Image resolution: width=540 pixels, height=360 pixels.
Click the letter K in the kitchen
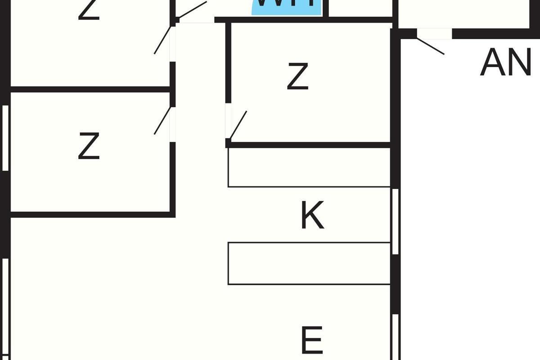click(312, 216)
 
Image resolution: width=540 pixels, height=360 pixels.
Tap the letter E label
click(311, 341)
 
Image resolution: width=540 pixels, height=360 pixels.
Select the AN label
click(505, 63)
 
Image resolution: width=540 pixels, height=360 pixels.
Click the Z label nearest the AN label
click(297, 76)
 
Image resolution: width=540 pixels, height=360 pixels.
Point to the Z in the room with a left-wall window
click(89, 146)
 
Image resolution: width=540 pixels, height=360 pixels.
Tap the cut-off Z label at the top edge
click(89, 10)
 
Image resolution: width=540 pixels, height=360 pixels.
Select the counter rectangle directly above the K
click(309, 167)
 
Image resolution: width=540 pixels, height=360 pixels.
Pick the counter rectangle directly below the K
click(309, 263)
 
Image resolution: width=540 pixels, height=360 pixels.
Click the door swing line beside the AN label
click(430, 46)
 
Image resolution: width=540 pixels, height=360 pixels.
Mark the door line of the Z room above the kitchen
click(238, 125)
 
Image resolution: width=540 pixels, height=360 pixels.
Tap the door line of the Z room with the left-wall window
click(162, 120)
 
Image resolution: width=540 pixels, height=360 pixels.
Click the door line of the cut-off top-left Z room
click(162, 40)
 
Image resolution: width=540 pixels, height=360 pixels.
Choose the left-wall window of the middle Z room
click(5, 138)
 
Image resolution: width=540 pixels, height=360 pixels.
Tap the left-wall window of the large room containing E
click(5, 306)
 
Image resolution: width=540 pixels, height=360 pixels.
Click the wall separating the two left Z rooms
click(90, 89)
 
